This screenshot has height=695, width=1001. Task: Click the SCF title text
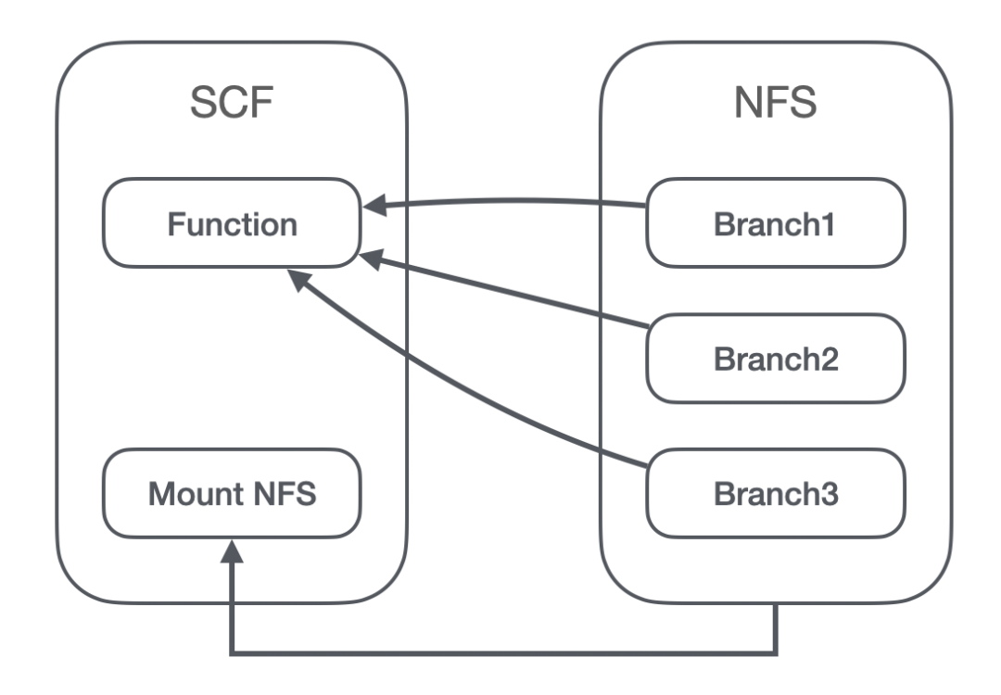pyautogui.click(x=232, y=102)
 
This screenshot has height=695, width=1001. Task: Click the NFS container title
pyautogui.click(x=775, y=102)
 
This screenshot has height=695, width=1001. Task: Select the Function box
pyautogui.click(x=232, y=222)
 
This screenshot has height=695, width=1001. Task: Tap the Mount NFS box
pyautogui.click(x=232, y=493)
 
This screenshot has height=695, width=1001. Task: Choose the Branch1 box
pyautogui.click(x=776, y=222)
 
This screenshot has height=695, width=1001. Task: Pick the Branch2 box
pyautogui.click(x=776, y=358)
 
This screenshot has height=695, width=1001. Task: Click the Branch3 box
pyautogui.click(x=776, y=493)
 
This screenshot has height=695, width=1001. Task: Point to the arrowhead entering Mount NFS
pyautogui.click(x=232, y=550)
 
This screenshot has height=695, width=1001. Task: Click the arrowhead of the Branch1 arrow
pyautogui.click(x=374, y=206)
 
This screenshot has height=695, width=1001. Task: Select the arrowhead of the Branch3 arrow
pyautogui.click(x=298, y=280)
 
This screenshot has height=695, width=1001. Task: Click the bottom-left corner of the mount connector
pyautogui.click(x=232, y=653)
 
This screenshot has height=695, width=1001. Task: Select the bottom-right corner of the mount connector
pyautogui.click(x=776, y=653)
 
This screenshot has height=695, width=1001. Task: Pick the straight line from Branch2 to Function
pyautogui.click(x=504, y=291)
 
